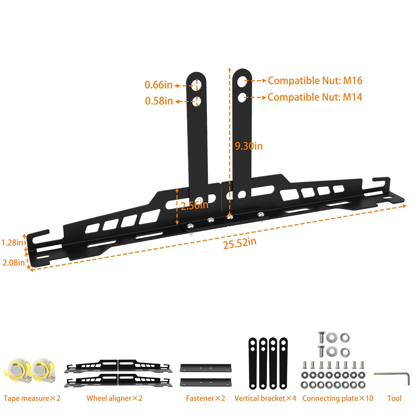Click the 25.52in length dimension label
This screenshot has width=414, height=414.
tap(240, 243)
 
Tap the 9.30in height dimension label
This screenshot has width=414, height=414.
tap(249, 146)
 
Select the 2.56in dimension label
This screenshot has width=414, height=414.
tap(194, 205)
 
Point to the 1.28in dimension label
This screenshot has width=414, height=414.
tap(12, 243)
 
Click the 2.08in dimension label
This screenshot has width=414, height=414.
tap(13, 263)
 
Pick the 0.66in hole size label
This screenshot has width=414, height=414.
tap(158, 85)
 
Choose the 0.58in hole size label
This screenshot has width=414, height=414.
tap(159, 101)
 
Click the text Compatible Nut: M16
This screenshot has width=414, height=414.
tap(315, 81)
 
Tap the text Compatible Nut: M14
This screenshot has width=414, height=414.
tap(315, 97)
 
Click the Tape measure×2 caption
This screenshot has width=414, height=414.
tap(32, 398)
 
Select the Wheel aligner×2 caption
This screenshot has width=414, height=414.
tap(114, 398)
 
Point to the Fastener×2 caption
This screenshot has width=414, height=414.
tap(205, 398)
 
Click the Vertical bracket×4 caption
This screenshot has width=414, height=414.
tap(265, 398)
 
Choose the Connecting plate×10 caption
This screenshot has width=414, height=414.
tap(338, 398)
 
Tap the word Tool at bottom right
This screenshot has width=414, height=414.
tap(394, 398)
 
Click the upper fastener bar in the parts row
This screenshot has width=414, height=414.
tap(205, 368)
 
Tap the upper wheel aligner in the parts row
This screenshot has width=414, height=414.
tap(118, 366)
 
